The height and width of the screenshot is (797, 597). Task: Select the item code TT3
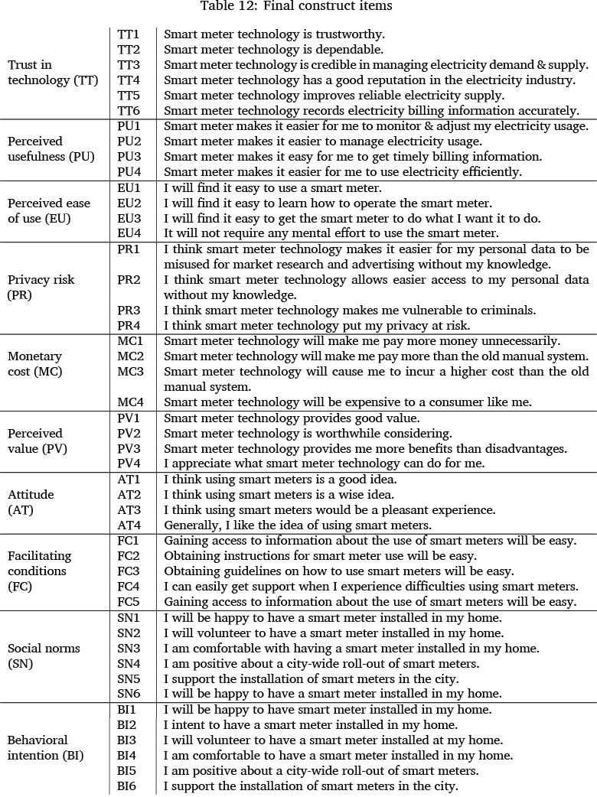(x=129, y=65)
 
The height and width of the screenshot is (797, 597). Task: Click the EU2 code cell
(x=129, y=203)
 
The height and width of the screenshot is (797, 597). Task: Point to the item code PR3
(x=129, y=310)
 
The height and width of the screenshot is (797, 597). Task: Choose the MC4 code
(x=129, y=402)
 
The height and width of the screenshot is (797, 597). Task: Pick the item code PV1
(x=129, y=418)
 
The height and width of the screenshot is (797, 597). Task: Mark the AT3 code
(x=129, y=510)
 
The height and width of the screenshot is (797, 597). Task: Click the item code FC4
(x=129, y=587)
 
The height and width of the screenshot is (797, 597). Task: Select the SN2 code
(x=129, y=633)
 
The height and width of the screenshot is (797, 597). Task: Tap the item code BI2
(x=127, y=724)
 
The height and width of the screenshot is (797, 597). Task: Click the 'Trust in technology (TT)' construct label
(x=53, y=73)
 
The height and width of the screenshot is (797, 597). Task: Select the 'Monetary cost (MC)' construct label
(x=35, y=363)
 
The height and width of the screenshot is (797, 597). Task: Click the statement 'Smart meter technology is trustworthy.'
(x=275, y=34)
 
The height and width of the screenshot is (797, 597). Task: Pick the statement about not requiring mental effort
(x=331, y=233)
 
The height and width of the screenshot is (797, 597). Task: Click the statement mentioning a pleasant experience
(x=330, y=510)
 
